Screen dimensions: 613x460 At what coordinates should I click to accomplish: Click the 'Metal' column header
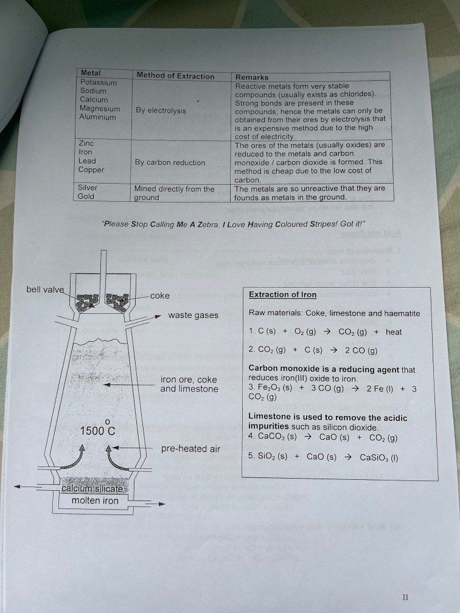pos(91,73)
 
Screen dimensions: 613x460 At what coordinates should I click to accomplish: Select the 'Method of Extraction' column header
pos(175,76)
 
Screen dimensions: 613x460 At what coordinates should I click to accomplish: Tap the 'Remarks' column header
pos(251,77)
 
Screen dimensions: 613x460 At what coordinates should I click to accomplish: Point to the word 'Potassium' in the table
pos(99,81)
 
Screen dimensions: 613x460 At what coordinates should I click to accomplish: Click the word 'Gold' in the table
pos(86,196)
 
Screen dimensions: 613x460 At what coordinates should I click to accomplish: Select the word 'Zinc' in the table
pos(86,143)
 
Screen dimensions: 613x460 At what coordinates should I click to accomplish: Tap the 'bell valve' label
pos(44,289)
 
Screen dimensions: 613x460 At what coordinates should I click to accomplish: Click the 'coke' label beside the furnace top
pos(160,296)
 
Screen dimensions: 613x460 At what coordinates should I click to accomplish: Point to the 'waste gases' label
pos(193,316)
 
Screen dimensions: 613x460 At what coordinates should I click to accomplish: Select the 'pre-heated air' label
pos(190,449)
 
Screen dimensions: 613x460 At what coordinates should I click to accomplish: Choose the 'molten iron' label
pos(96,500)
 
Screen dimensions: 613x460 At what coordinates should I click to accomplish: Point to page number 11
pos(406,597)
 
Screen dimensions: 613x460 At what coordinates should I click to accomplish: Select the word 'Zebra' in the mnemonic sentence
pos(206,224)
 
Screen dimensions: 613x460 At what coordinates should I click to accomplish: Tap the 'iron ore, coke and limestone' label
pos(189,384)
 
